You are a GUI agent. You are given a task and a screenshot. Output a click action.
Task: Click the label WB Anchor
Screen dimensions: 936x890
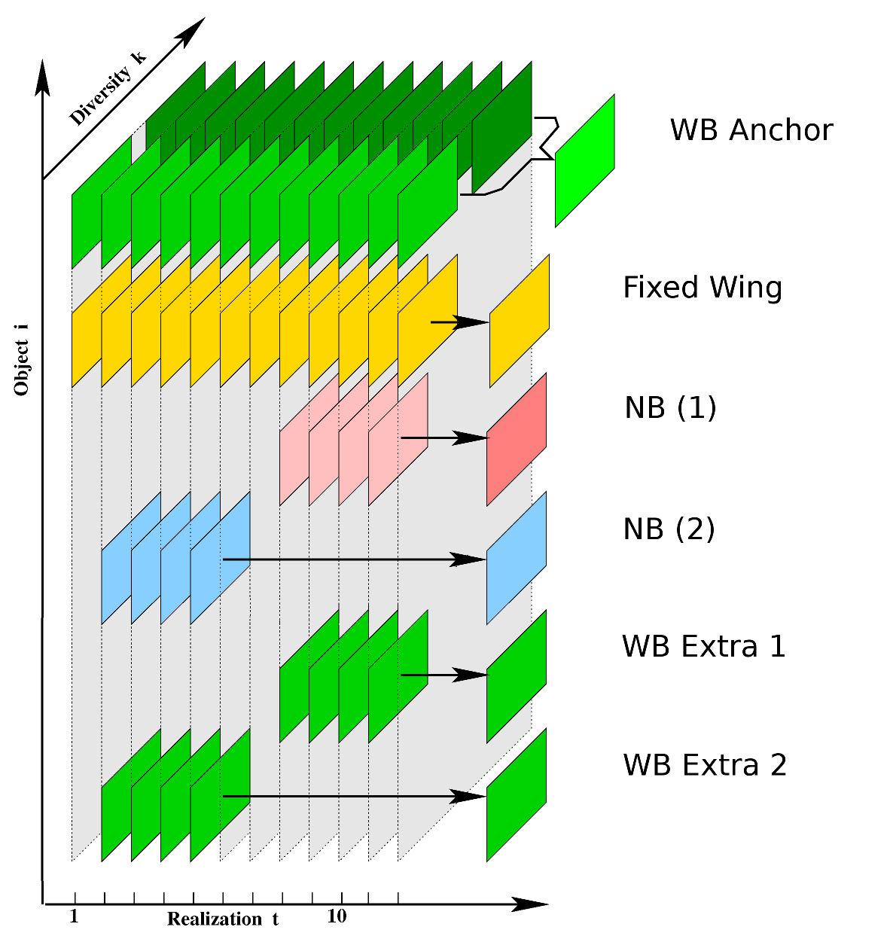(751, 130)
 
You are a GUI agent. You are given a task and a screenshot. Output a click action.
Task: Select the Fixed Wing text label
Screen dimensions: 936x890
(703, 288)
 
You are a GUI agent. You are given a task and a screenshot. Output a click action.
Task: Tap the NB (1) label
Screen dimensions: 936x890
(670, 407)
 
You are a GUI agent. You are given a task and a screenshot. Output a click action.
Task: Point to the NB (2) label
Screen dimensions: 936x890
(669, 529)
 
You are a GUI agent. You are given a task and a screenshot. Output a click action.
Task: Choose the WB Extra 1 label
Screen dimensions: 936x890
(704, 647)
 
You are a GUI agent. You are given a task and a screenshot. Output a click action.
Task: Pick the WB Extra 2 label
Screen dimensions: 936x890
(705, 765)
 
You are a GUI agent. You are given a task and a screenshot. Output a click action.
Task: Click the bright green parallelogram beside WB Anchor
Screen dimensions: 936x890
(585, 160)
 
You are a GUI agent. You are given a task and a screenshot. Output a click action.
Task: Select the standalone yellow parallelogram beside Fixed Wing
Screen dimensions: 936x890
(520, 321)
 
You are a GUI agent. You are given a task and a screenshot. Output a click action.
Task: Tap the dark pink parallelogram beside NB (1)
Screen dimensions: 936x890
(517, 439)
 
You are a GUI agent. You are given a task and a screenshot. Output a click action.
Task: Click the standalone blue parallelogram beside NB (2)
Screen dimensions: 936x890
(517, 558)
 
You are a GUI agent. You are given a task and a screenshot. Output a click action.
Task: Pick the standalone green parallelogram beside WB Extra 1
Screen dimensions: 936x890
(517, 676)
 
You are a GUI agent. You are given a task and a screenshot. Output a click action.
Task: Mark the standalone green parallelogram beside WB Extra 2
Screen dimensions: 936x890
(517, 794)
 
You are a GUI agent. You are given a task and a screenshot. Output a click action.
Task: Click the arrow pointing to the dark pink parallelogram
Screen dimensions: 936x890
(444, 438)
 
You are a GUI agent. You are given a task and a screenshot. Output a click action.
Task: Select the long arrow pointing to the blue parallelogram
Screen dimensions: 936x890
(354, 559)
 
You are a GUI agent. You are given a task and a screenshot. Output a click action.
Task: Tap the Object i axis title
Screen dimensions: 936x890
(22, 367)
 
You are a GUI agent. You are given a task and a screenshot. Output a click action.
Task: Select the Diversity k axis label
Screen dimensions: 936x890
(107, 88)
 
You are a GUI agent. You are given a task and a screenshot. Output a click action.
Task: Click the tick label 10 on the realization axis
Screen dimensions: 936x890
(337, 916)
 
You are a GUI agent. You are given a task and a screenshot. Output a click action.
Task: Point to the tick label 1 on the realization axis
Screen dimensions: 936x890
(74, 916)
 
